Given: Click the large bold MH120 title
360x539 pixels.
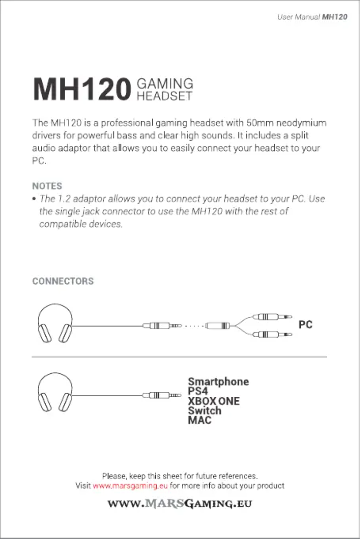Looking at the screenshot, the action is coord(82,89).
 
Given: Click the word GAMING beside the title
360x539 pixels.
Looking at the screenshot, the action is coord(165,84).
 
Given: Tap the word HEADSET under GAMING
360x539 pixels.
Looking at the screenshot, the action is coord(164,96).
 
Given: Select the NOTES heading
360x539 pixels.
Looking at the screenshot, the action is coord(47,186).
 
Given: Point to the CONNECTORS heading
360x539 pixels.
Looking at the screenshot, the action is coord(63,281).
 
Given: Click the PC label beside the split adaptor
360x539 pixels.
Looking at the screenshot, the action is coord(305,324).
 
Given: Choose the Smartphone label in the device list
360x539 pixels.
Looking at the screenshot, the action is coord(219,381).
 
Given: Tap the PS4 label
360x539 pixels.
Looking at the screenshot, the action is coord(198,391).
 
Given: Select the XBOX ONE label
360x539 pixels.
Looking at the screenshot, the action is coord(214,401).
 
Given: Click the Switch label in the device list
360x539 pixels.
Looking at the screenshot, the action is coord(205,411).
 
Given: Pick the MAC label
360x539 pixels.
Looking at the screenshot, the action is coord(200,420).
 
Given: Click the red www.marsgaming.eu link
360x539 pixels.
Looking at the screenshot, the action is coord(130,486).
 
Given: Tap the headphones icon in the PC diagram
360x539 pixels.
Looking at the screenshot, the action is coord(55,323).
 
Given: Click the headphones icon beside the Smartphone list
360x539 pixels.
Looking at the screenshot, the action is coord(55,392).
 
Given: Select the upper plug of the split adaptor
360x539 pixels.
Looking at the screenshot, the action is coord(272,317).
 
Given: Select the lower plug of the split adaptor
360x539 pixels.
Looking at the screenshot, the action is coord(272,334).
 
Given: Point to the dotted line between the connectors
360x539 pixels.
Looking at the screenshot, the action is coord(194,326).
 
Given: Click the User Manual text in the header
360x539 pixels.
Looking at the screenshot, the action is coord(299,17).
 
